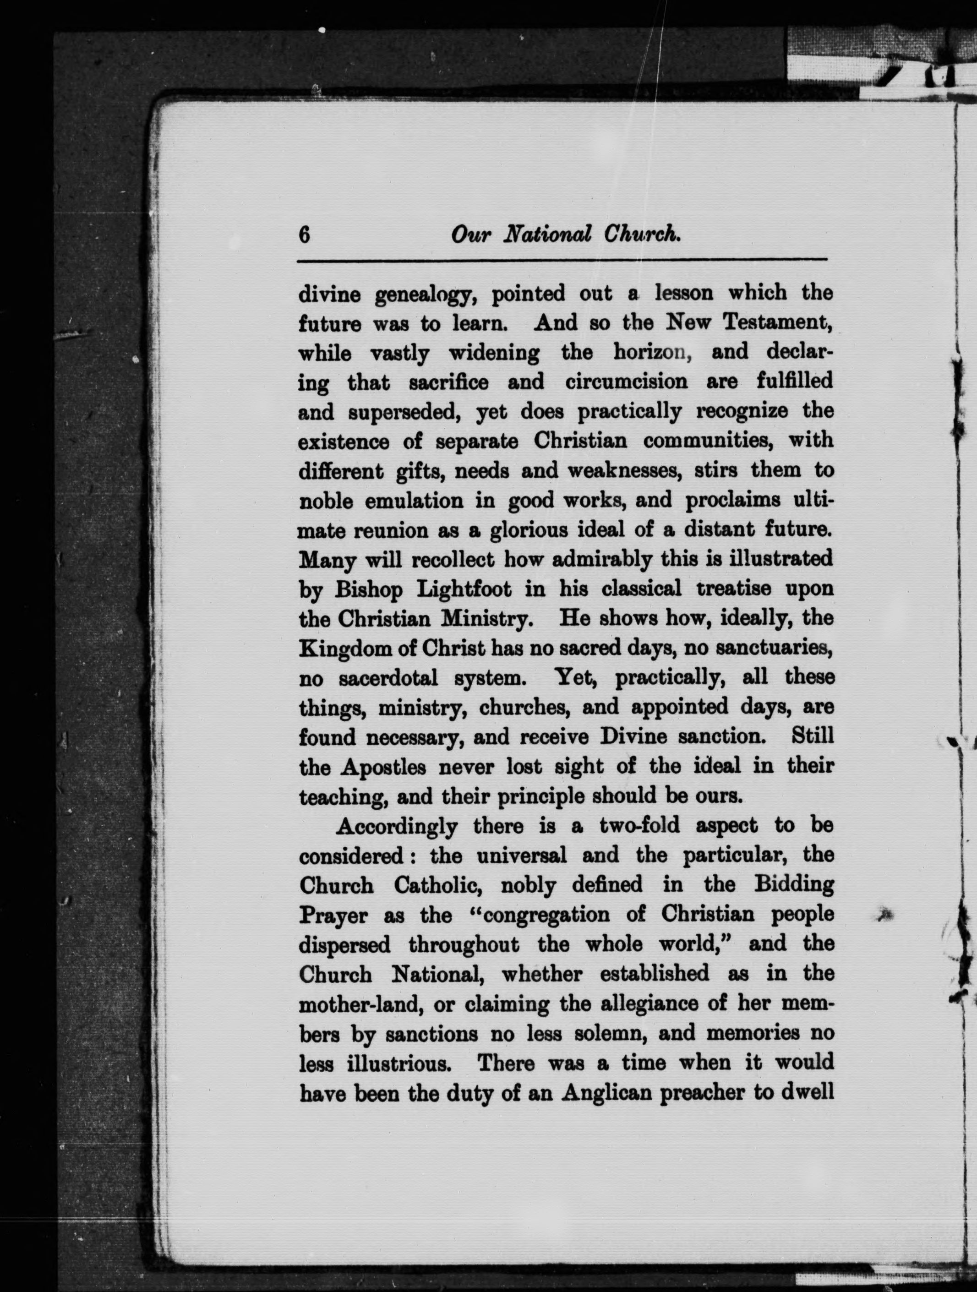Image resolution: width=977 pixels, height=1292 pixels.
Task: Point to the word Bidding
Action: (792, 886)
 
